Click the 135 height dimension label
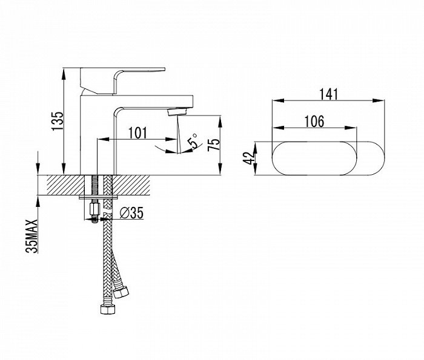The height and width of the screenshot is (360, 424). click(58, 121)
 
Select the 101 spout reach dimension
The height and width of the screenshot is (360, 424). click(138, 133)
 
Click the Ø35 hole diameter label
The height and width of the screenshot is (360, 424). click(131, 213)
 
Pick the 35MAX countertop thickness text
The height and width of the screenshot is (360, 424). click(31, 236)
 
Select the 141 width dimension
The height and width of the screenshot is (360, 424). click(329, 94)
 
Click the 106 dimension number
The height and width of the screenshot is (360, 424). click(314, 122)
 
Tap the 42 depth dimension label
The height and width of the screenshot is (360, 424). click(249, 158)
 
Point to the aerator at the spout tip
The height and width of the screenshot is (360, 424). click(177, 112)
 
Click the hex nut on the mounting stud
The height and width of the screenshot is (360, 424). click(94, 209)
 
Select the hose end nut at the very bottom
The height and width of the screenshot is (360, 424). click(108, 309)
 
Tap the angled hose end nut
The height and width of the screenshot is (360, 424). click(121, 292)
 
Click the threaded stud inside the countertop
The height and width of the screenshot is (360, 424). click(94, 185)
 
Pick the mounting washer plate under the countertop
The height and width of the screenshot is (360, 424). click(98, 197)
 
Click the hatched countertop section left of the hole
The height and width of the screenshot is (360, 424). click(65, 185)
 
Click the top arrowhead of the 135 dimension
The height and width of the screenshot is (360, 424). click(64, 73)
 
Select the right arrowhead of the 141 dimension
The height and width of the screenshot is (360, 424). click(378, 100)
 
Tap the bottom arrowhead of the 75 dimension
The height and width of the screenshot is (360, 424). click(220, 169)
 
